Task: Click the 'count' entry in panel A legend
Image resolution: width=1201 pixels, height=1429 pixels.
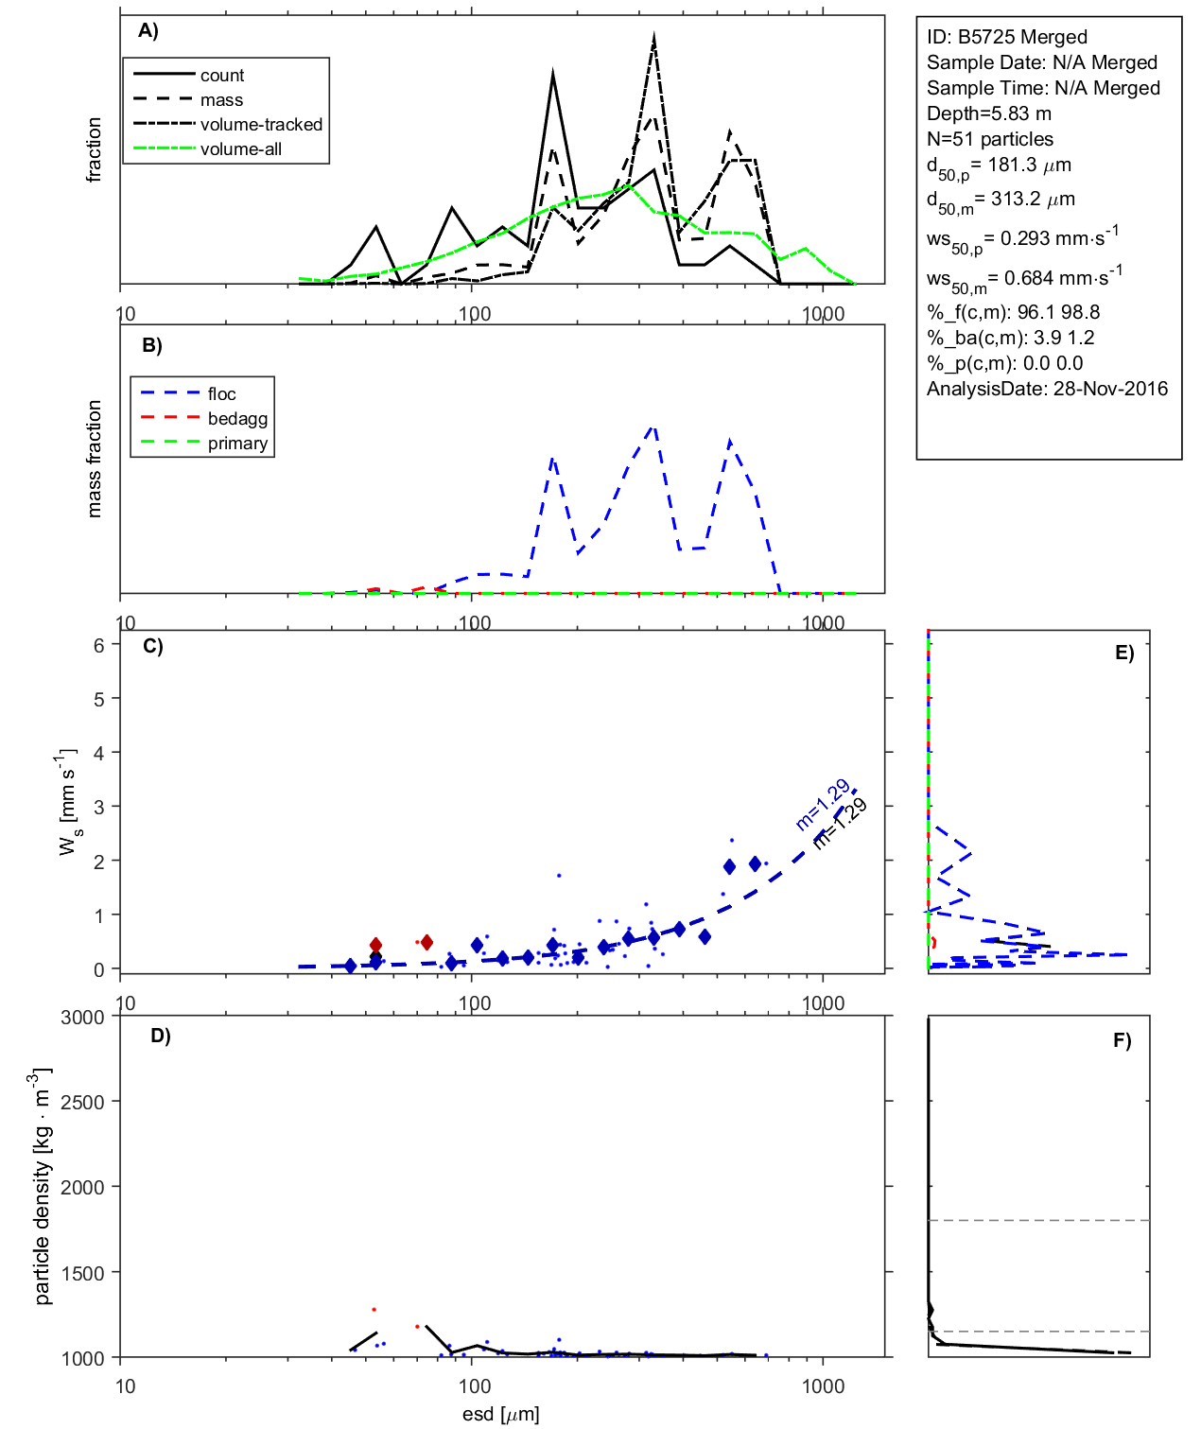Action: tap(221, 76)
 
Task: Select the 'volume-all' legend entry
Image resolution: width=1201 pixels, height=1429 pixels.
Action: tap(240, 149)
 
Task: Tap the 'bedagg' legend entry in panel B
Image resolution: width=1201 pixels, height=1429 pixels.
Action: tap(237, 419)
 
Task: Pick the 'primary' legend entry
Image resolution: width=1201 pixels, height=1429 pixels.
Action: tap(237, 444)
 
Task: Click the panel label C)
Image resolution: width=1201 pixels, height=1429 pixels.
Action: tap(152, 647)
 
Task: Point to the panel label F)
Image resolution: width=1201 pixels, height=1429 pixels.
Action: tap(1122, 1041)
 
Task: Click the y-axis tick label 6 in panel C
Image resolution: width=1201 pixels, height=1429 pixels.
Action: tap(98, 645)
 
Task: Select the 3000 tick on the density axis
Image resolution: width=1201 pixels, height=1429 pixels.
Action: tap(82, 1018)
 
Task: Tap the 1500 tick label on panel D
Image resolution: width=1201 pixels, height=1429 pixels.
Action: tap(82, 1273)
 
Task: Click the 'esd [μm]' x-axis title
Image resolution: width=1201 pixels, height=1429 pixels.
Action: tap(500, 1415)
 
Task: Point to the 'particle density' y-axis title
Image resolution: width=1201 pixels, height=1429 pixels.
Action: tap(42, 1187)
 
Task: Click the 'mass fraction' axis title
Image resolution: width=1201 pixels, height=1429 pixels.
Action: tap(94, 459)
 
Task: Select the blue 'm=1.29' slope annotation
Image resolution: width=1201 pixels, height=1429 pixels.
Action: tap(822, 806)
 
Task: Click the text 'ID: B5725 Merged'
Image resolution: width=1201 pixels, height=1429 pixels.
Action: tap(1006, 37)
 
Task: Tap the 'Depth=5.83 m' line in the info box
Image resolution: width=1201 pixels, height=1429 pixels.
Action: tap(988, 113)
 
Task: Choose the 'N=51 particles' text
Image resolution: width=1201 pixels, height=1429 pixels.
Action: tap(989, 139)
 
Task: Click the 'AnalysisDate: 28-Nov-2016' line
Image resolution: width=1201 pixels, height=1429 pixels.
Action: tap(1047, 389)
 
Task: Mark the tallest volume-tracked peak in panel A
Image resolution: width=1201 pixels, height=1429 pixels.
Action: tap(653, 38)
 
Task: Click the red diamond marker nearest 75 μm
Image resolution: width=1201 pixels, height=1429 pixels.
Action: tap(426, 942)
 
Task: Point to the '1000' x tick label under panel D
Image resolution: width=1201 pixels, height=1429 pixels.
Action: tap(823, 1387)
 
